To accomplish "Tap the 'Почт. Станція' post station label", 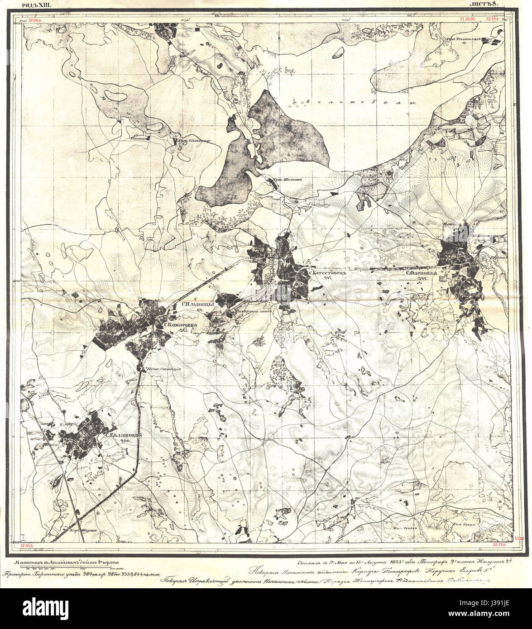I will [x=163, y=369].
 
